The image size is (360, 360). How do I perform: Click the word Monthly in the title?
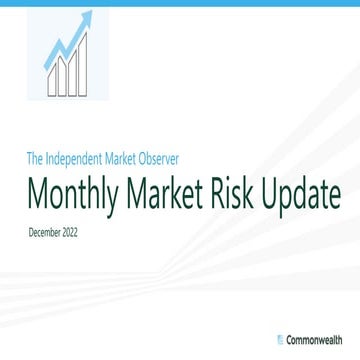tap(74, 190)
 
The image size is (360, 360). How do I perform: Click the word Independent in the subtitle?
tap(87, 157)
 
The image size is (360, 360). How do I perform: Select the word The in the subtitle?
tap(37, 157)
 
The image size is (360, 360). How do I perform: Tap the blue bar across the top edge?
tap(180, 3)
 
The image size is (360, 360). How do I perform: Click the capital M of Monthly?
tap(41, 190)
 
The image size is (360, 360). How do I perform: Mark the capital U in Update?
tap(274, 190)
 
